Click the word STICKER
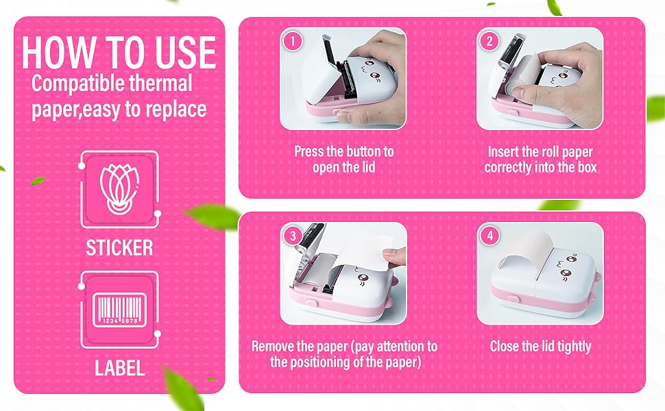(119, 247)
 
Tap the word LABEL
(119, 368)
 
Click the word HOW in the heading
(59, 53)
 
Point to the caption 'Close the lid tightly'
(540, 347)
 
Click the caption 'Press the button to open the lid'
(344, 159)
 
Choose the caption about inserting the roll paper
(540, 159)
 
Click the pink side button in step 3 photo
(309, 299)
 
